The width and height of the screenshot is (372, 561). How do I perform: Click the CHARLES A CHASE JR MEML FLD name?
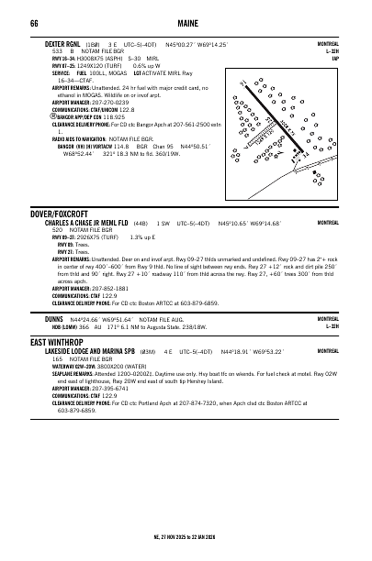[x=86, y=223]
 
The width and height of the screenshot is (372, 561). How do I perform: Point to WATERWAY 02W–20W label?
[x=69, y=391]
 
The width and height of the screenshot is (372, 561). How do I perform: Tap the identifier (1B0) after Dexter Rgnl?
[x=92, y=43]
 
